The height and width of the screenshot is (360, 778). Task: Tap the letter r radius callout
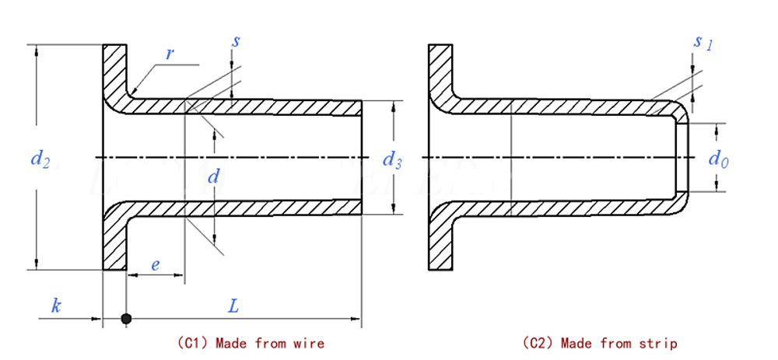pyautogui.click(x=170, y=54)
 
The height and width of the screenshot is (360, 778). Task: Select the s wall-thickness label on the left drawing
pyautogui.click(x=235, y=40)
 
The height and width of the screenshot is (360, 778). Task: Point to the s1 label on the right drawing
pyautogui.click(x=702, y=43)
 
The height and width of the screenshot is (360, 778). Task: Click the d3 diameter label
pyautogui.click(x=392, y=161)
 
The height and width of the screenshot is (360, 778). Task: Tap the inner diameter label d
pyautogui.click(x=213, y=177)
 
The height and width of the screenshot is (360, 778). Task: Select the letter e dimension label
pyautogui.click(x=156, y=265)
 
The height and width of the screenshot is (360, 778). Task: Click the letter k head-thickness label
pyautogui.click(x=56, y=305)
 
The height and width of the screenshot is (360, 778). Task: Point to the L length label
pyautogui.click(x=233, y=305)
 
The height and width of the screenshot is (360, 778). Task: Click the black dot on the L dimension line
pyautogui.click(x=125, y=319)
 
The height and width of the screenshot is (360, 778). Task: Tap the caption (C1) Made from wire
pyautogui.click(x=251, y=343)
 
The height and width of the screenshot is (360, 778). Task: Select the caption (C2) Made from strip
pyautogui.click(x=599, y=343)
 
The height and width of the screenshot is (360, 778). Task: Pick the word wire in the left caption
pyautogui.click(x=310, y=343)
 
